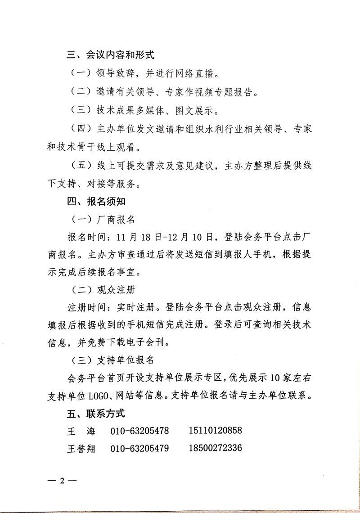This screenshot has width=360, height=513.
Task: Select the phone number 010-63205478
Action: pos(140,431)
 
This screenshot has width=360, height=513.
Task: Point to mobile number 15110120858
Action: pos(216,431)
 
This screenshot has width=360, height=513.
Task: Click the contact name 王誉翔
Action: pos(81,449)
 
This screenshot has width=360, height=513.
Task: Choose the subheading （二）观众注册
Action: pos(103,289)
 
